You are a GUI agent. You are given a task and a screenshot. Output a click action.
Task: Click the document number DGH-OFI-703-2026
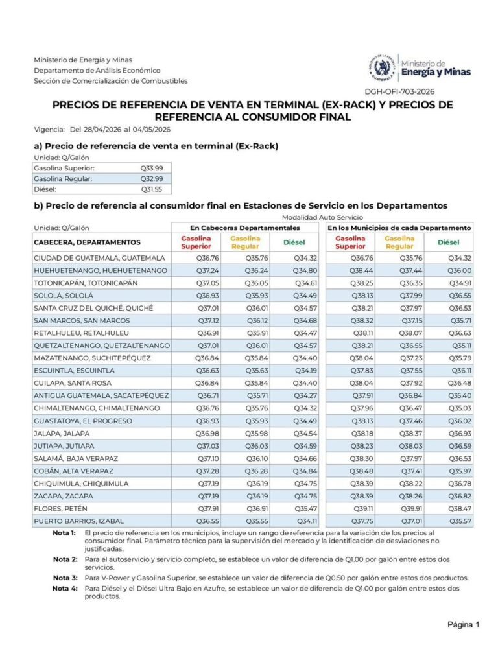tap(400, 92)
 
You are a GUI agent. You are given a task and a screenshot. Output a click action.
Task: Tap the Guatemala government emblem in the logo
tap(381, 66)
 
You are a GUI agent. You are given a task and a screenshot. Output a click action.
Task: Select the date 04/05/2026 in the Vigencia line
tap(158, 129)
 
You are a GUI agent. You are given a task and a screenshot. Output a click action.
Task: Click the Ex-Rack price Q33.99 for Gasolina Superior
tap(152, 168)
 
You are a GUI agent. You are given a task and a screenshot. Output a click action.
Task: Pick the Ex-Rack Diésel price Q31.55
tap(152, 189)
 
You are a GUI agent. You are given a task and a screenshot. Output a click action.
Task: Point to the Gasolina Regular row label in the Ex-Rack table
tap(63, 179)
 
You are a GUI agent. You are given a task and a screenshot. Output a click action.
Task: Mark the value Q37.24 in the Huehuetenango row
tap(207, 270)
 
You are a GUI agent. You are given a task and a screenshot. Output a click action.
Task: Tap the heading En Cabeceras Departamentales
tap(244, 228)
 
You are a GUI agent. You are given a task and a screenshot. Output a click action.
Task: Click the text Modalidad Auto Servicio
tap(322, 217)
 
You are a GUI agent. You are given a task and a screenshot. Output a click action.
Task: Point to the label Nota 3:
tap(65, 578)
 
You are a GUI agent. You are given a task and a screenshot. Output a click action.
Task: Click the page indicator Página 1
tap(463, 625)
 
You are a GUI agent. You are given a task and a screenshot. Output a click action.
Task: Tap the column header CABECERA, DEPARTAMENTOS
tap(87, 242)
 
